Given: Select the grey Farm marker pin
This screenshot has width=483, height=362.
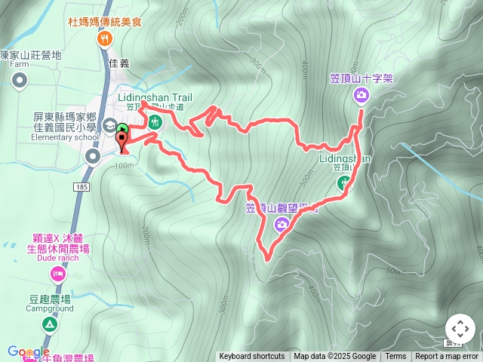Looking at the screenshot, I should pyautogui.click(x=20, y=80).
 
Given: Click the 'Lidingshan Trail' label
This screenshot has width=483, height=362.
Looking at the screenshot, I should pyautogui.click(x=156, y=97).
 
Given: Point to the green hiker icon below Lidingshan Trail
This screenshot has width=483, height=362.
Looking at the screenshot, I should pyautogui.click(x=158, y=121).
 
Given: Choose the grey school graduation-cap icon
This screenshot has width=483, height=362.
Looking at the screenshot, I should pyautogui.click(x=110, y=125).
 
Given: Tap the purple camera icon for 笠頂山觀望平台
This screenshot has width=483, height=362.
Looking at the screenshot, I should pyautogui.click(x=281, y=223).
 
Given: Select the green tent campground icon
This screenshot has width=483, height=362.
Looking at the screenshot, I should pyautogui.click(x=50, y=325).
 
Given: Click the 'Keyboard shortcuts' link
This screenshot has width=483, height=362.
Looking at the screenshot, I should pyautogui.click(x=252, y=357).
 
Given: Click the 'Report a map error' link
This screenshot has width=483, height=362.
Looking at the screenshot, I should pyautogui.click(x=447, y=357).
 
